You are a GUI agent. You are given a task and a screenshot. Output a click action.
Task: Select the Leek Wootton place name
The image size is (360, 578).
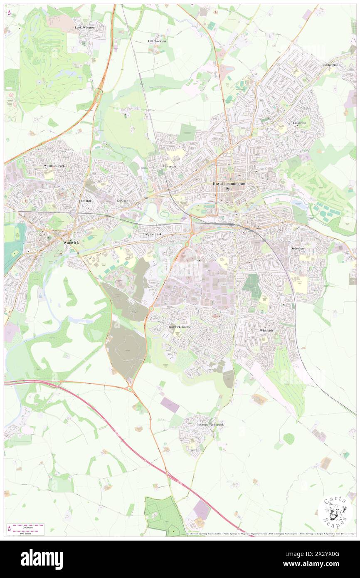85,27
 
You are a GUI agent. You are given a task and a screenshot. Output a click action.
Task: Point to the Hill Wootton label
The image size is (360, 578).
157,41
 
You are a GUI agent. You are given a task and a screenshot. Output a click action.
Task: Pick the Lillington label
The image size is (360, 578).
299,123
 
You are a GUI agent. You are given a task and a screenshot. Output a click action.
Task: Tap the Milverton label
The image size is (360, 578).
170,166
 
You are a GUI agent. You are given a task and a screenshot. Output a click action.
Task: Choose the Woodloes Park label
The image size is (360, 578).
54,166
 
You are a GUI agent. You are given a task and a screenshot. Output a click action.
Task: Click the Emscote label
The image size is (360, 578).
122,200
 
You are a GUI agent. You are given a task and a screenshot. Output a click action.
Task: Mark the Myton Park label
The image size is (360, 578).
153,234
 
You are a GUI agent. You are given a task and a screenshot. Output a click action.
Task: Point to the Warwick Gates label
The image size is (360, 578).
179,327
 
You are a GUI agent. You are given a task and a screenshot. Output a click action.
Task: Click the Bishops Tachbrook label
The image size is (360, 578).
210,425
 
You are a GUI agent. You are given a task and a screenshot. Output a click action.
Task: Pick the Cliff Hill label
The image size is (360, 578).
85,200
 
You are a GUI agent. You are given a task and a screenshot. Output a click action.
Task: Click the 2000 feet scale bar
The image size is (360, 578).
26,526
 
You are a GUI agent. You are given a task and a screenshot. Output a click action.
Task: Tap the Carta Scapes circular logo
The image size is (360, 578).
335,511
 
